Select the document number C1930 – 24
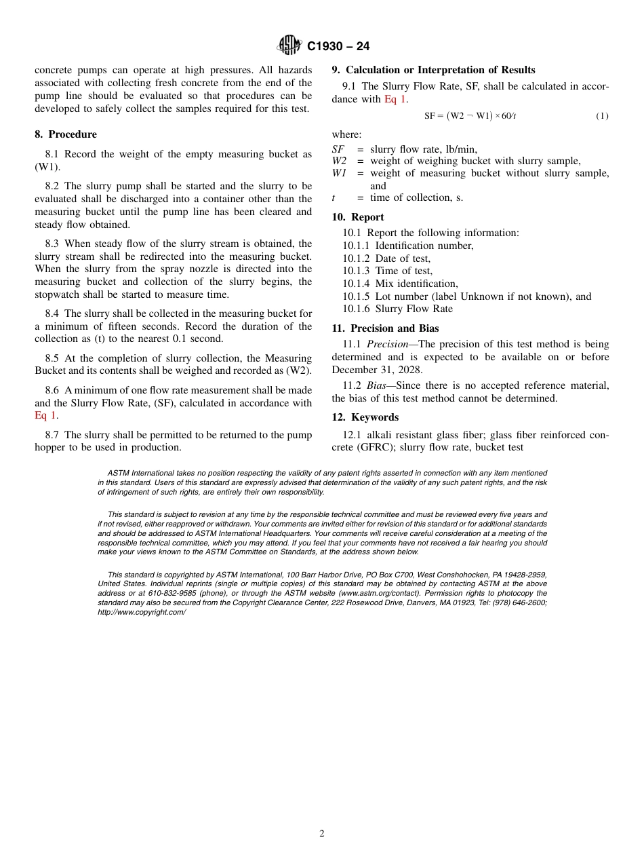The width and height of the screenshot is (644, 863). [x=338, y=46]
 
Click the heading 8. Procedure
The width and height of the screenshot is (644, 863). [x=66, y=134]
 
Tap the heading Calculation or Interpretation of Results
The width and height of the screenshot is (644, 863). [x=440, y=70]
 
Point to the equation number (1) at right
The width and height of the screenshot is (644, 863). [x=602, y=116]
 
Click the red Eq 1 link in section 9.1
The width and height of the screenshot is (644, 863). [x=395, y=99]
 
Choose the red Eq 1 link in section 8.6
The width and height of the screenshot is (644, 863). [x=45, y=415]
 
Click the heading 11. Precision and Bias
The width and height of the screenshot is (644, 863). [x=385, y=328]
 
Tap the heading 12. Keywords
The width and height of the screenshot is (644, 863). [x=365, y=417]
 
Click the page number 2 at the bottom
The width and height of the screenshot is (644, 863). [x=322, y=834]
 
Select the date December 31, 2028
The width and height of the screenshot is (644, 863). [x=377, y=370]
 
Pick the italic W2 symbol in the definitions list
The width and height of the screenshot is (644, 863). [x=339, y=161]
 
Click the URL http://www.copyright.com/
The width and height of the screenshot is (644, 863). [x=142, y=612]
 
